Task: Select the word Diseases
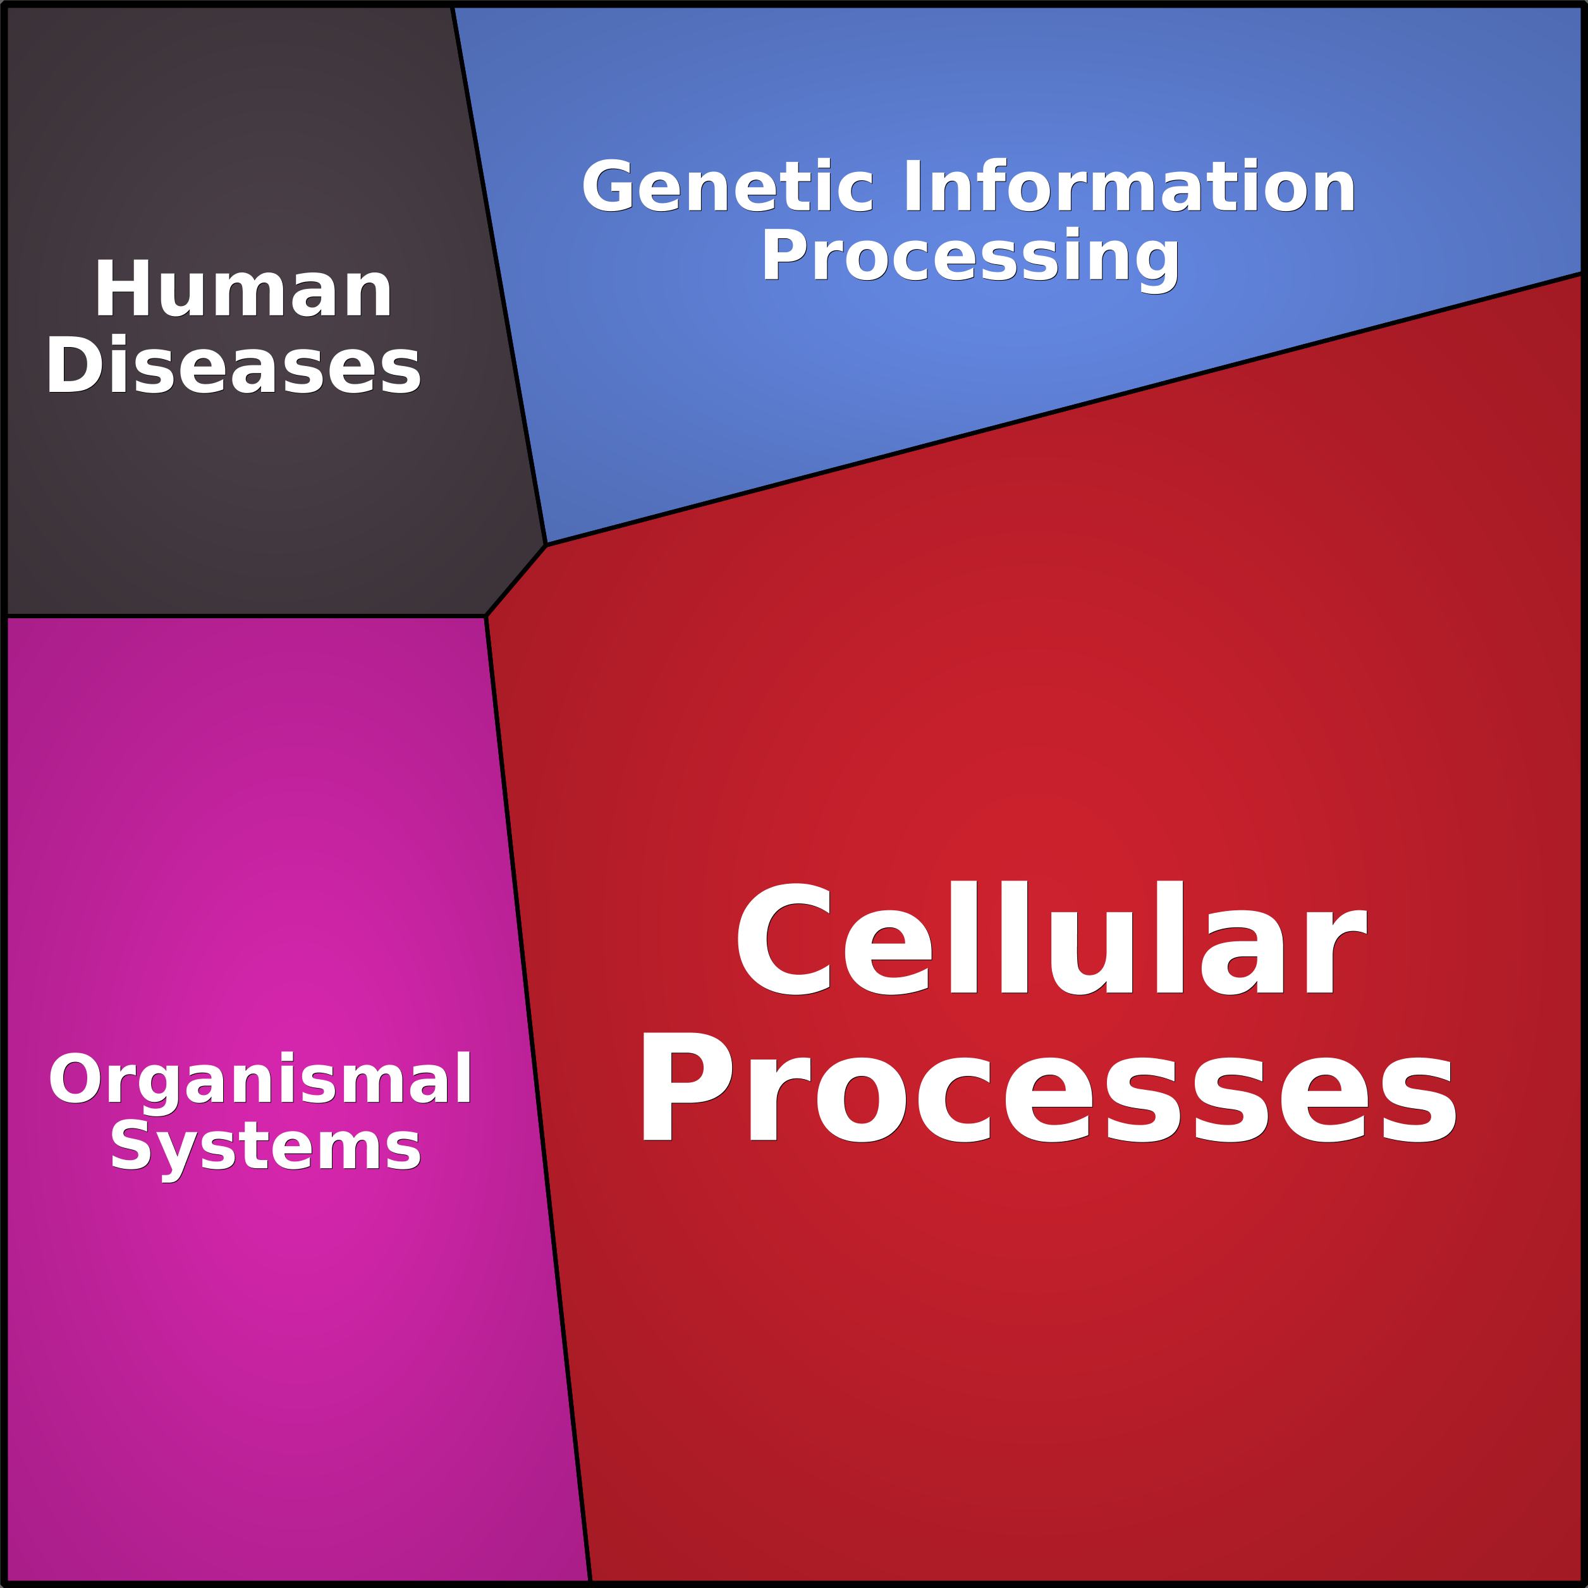233,365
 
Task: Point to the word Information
1129,186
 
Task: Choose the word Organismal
260,1078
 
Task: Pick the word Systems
266,1147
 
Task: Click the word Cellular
1051,936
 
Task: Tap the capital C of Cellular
785,938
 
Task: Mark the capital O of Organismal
74,1079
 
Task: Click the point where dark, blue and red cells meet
546,544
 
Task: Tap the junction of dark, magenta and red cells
486,616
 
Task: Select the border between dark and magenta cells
245,616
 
